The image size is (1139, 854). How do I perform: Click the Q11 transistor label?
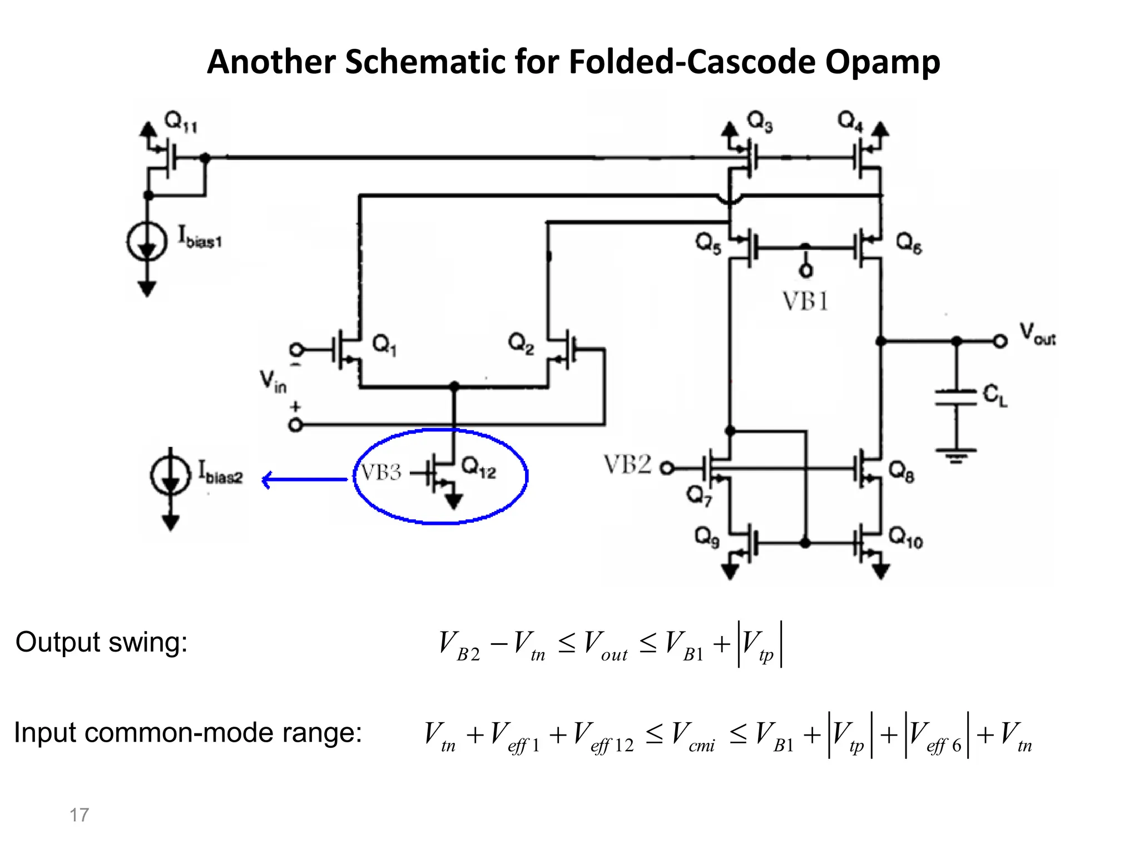click(x=181, y=122)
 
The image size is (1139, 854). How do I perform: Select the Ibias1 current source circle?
click(x=147, y=241)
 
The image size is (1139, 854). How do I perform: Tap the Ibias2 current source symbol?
click(x=170, y=476)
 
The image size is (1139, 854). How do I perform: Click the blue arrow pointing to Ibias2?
click(x=304, y=479)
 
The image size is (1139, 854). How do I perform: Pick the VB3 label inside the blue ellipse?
click(x=381, y=473)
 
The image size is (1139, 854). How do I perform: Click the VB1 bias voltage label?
click(x=805, y=302)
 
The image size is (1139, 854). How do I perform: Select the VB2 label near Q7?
click(x=627, y=465)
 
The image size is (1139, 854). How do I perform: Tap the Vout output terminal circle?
click(x=1000, y=341)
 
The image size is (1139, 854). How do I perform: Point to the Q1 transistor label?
click(x=384, y=345)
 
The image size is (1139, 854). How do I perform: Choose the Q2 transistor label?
click(x=521, y=344)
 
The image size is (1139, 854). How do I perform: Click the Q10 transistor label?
click(x=905, y=538)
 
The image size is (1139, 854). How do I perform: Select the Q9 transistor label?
click(x=707, y=537)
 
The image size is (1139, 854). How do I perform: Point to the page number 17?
click(x=79, y=815)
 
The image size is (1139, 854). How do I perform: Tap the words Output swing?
click(x=102, y=642)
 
